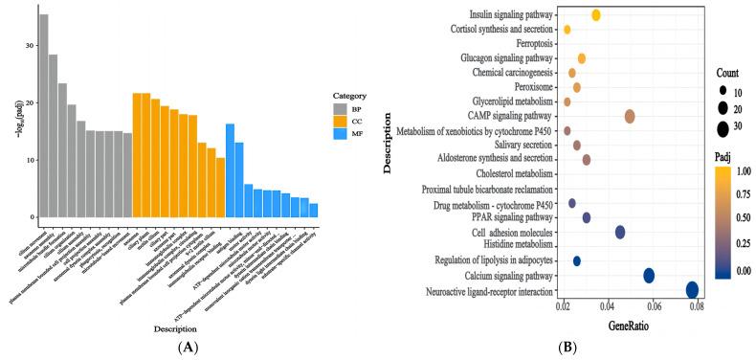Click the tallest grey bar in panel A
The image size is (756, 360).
[x=44, y=115]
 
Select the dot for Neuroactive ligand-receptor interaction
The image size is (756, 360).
[x=692, y=290]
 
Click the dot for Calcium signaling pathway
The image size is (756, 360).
[x=649, y=276]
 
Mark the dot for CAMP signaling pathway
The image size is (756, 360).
[x=630, y=116]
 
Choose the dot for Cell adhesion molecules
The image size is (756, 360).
[x=620, y=232]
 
